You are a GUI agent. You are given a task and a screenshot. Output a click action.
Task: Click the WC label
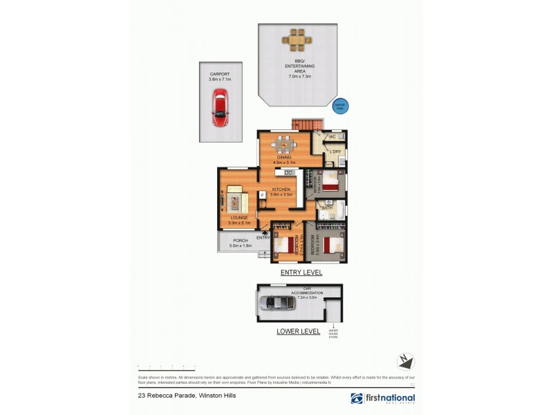tap(332, 137)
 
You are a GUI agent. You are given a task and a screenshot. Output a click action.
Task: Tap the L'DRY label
tap(336, 151)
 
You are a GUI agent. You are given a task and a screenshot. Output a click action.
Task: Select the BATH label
tap(327, 207)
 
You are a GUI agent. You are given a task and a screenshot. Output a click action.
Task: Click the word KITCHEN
tap(281, 189)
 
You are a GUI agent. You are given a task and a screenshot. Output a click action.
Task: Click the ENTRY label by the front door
tap(263, 238)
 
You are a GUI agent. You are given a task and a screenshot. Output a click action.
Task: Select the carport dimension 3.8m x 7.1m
tap(220, 80)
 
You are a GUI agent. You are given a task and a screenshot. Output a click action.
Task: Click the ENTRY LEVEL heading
tap(301, 273)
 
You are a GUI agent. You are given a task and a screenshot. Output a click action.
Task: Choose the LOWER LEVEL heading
tap(298, 331)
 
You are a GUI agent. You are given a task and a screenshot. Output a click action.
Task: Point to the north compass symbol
tap(406, 361)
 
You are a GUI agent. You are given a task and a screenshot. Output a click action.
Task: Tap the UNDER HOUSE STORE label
tap(333, 335)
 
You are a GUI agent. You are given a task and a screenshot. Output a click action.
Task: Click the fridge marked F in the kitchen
tap(263, 195)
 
